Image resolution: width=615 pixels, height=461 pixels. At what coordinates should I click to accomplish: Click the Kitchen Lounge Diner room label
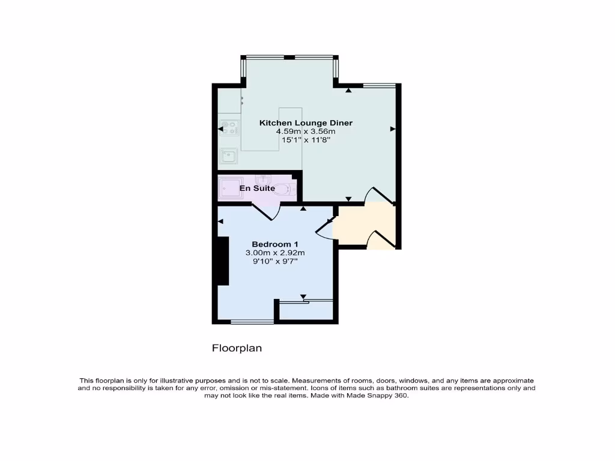pos(306,123)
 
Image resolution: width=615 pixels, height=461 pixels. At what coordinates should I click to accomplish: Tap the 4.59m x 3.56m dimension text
pos(306,131)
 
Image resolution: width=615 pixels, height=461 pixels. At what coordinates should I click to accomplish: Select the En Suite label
pos(257,188)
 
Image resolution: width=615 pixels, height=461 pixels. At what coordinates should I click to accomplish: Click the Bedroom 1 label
pos(275,244)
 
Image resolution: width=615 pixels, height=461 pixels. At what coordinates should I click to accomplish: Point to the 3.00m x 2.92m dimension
pos(275,253)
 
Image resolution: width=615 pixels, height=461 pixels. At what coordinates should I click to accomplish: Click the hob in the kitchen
pos(228,127)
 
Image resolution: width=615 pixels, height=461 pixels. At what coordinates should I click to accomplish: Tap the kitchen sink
pos(228,156)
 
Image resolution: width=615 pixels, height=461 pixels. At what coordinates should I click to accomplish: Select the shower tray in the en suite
pos(230,188)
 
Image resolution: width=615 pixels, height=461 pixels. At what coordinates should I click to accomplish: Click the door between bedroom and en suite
pos(266,211)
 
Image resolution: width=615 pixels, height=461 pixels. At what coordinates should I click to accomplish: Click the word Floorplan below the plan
pos(237,348)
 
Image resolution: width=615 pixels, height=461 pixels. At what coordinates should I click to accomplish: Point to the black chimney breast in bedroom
pos(223,261)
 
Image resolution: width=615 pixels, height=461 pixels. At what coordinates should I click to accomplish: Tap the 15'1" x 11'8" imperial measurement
pos(306,140)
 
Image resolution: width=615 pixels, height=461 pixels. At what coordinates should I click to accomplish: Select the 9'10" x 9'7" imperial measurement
pos(275,261)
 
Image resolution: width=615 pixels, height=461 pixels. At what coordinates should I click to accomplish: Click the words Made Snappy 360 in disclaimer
pos(381,396)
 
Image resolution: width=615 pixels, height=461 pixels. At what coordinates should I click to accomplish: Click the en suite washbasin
pos(262,179)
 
